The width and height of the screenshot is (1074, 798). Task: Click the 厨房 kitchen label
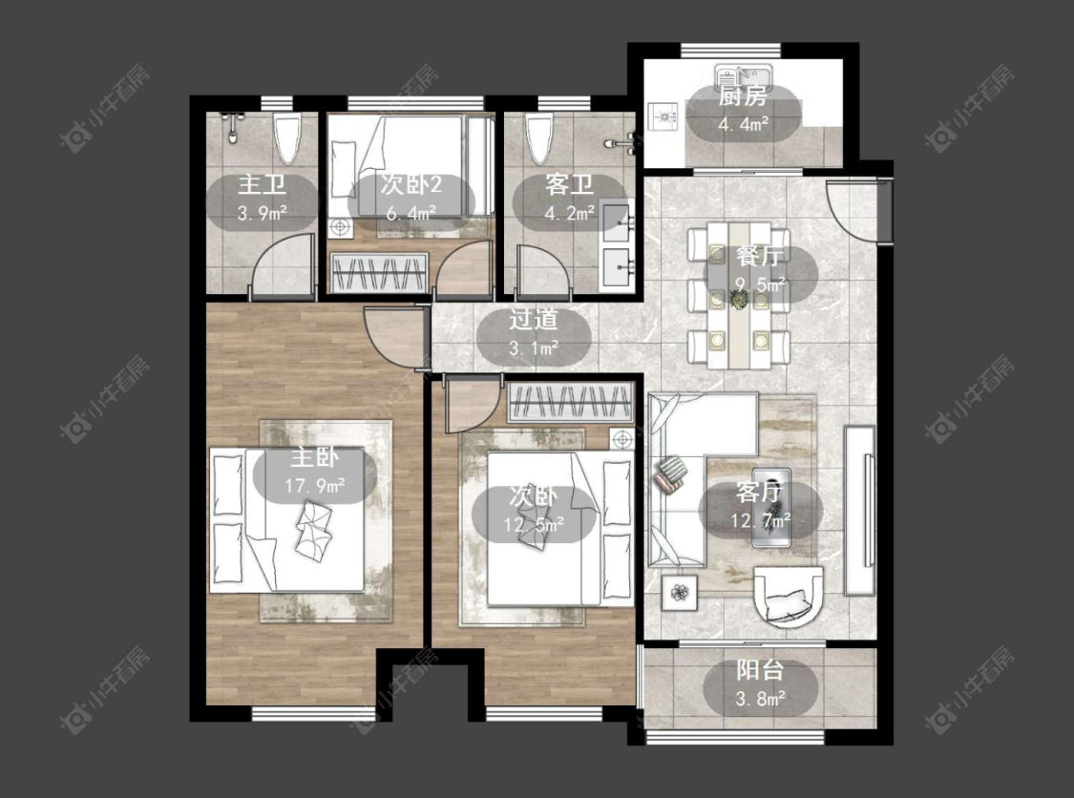(743, 97)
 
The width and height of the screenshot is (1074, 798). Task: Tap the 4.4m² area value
(743, 125)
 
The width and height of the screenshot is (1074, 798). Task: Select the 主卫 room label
(262, 185)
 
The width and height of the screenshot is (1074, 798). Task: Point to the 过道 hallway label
(534, 320)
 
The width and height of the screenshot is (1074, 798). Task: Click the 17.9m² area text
(315, 486)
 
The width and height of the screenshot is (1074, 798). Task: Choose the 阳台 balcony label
(760, 670)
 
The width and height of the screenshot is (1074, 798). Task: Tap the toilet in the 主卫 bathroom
(287, 139)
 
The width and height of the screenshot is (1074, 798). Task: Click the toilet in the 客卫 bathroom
(539, 139)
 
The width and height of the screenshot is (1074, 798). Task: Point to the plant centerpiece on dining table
(738, 299)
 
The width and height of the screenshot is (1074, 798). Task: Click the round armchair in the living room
(789, 596)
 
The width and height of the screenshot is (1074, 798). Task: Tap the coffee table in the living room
(772, 508)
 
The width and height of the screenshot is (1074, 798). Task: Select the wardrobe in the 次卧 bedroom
(570, 402)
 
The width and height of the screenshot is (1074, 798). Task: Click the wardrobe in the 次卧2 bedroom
(379, 273)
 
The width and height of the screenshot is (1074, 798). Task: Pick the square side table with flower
(680, 593)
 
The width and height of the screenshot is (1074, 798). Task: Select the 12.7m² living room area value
(760, 520)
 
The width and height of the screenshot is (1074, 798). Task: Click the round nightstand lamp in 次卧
(622, 438)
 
